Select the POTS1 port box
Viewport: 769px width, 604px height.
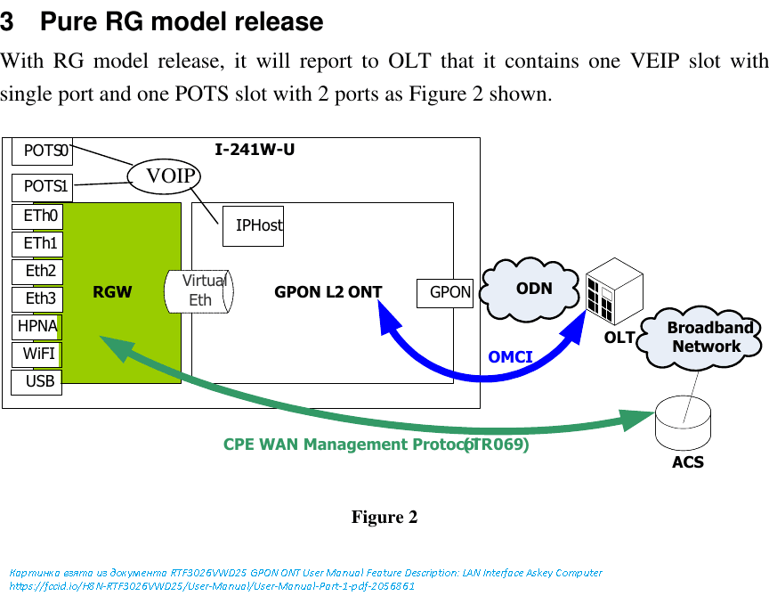[42, 187]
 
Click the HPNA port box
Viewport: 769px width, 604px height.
[36, 327]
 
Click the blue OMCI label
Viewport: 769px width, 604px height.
[510, 357]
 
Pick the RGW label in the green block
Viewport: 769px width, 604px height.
[112, 292]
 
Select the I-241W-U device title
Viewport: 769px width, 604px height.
[255, 150]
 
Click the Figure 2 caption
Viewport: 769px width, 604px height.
[384, 518]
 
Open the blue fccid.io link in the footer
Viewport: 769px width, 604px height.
[212, 586]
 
